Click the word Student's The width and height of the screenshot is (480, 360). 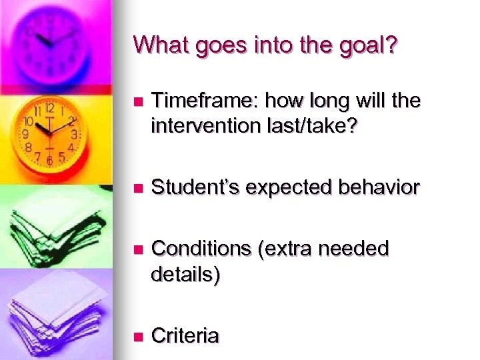tap(195, 188)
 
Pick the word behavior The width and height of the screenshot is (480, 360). tap(381, 188)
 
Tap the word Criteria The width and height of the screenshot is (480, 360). tap(185, 336)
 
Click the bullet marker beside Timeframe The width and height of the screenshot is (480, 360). tap(138, 103)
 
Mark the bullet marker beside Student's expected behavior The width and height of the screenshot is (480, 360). tap(138, 189)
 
